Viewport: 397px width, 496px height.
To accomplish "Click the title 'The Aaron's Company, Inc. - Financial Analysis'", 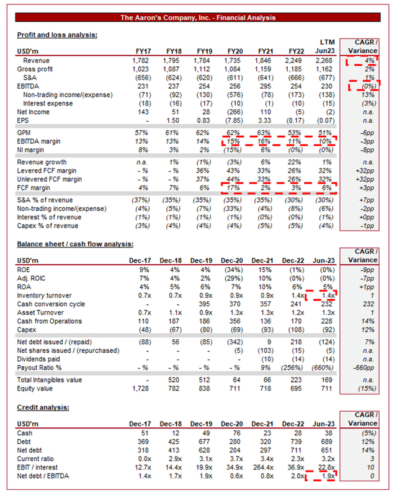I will click(198, 17).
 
